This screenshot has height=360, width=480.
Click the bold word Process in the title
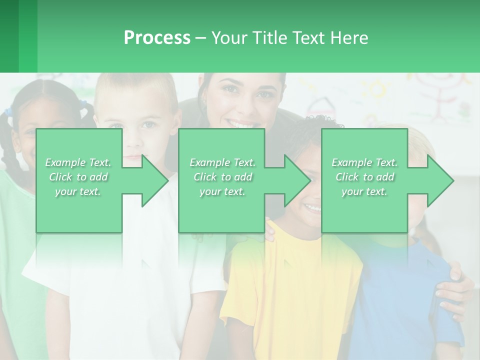[157, 38]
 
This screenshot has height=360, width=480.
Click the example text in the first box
[78, 177]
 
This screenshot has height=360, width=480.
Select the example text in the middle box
[222, 177]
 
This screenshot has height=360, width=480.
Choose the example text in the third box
[364, 177]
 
